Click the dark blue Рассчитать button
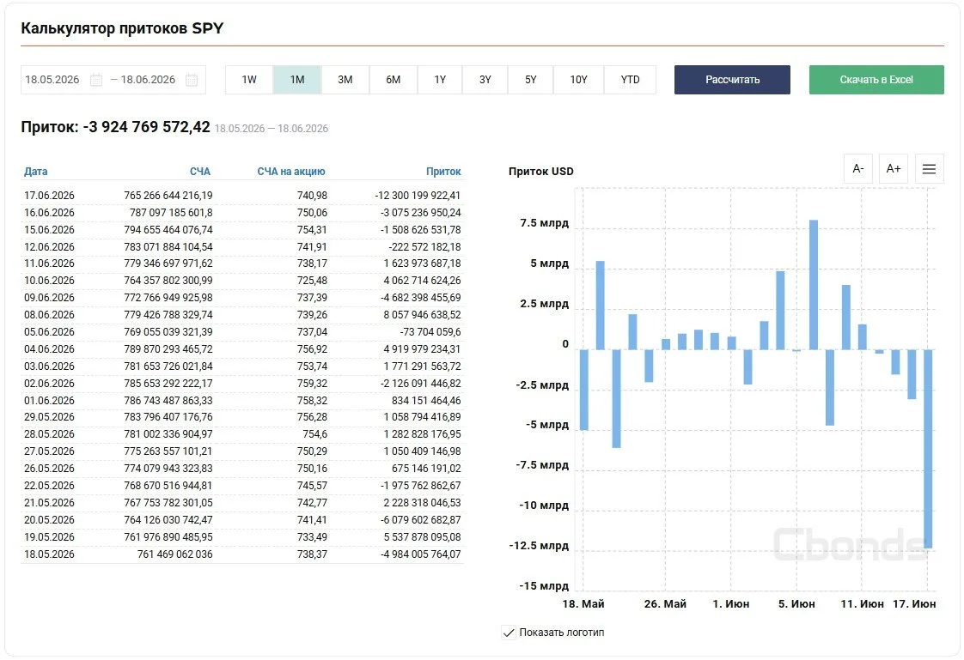click(732, 80)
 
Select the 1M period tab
click(297, 80)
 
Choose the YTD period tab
click(630, 80)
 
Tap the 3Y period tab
click(485, 80)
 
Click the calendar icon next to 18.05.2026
click(96, 80)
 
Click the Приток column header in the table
click(443, 172)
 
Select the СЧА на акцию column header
click(290, 172)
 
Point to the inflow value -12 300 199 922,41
click(418, 195)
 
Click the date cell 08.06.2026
click(49, 314)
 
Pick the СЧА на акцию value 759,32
click(312, 383)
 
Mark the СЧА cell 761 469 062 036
click(174, 554)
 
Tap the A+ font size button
click(894, 168)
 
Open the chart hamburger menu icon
click(929, 168)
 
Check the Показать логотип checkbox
click(509, 633)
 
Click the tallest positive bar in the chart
click(814, 285)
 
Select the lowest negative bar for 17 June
click(928, 449)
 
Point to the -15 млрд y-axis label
click(544, 585)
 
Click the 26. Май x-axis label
click(665, 603)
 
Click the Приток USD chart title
click(541, 172)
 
